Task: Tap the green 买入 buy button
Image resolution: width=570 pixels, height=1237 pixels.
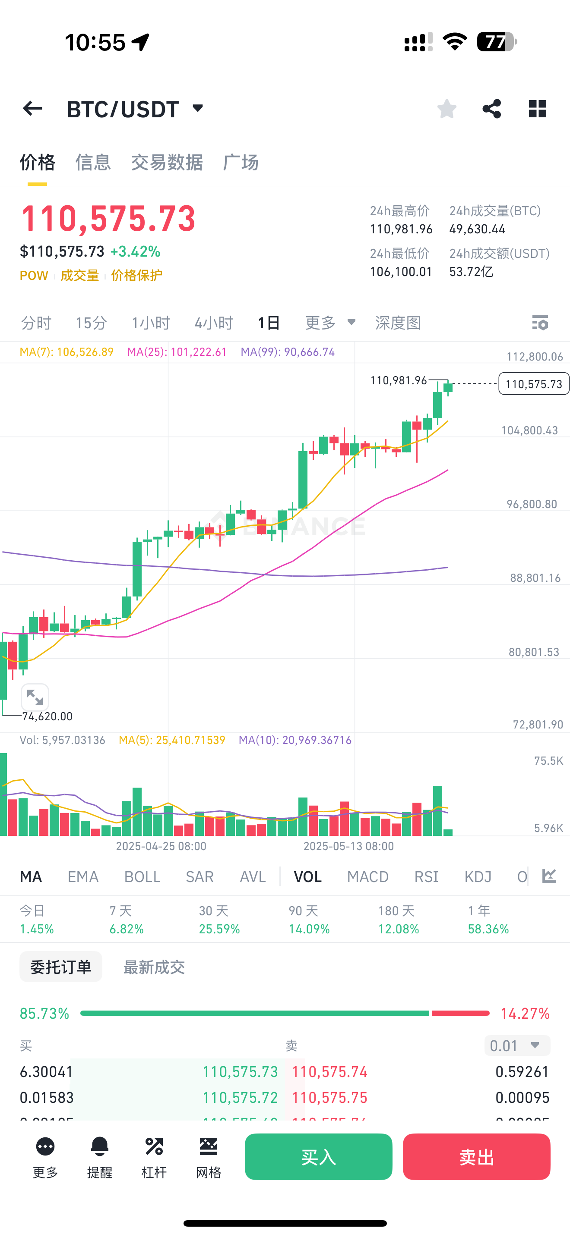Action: point(318,1156)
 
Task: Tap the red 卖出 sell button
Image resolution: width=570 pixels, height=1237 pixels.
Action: point(476,1156)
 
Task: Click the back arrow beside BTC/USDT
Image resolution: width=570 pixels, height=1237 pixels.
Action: point(33,109)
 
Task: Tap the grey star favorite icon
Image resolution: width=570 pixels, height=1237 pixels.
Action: point(446,109)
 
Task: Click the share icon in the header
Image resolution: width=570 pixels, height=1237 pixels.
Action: point(491,109)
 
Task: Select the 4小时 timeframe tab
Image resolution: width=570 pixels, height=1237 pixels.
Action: point(213,323)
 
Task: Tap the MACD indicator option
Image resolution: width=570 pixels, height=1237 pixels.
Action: point(367,876)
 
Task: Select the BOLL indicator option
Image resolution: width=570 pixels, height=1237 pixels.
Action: point(142,876)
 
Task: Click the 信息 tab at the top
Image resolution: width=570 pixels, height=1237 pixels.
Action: point(93,162)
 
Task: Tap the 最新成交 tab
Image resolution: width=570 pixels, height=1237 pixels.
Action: point(154,967)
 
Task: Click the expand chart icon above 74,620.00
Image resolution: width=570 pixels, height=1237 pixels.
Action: point(35,697)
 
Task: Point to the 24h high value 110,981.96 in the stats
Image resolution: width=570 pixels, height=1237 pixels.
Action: point(401,229)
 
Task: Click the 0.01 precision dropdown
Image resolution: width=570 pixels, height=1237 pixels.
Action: point(516,1045)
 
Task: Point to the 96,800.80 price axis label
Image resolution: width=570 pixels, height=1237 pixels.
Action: point(532,504)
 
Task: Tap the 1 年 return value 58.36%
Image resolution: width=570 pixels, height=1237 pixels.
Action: point(488,929)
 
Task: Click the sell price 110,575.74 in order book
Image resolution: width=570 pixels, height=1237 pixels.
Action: point(330,1072)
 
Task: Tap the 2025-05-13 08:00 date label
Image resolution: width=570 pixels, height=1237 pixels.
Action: point(348,846)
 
